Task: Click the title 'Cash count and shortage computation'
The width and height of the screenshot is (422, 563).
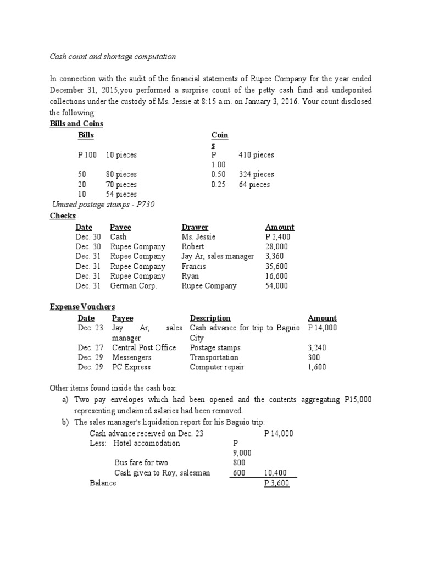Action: point(113,56)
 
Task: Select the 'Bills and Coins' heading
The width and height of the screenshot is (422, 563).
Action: point(76,124)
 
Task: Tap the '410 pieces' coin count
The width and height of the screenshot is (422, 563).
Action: point(256,155)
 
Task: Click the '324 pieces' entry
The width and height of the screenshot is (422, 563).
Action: point(256,174)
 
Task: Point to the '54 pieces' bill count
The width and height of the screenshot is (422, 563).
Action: point(121,194)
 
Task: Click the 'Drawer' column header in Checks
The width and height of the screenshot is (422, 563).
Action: point(195,227)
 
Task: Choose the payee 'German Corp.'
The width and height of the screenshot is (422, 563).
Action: point(134,286)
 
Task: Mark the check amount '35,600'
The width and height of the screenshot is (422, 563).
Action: point(276,266)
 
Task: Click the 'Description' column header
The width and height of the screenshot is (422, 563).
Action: point(210,318)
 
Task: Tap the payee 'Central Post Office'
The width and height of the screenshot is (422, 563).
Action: point(144,347)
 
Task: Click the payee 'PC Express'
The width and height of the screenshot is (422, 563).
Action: point(131,367)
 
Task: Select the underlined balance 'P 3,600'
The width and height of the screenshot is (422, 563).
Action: point(277,483)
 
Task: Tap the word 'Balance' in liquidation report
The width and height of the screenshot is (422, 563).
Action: point(103,483)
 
